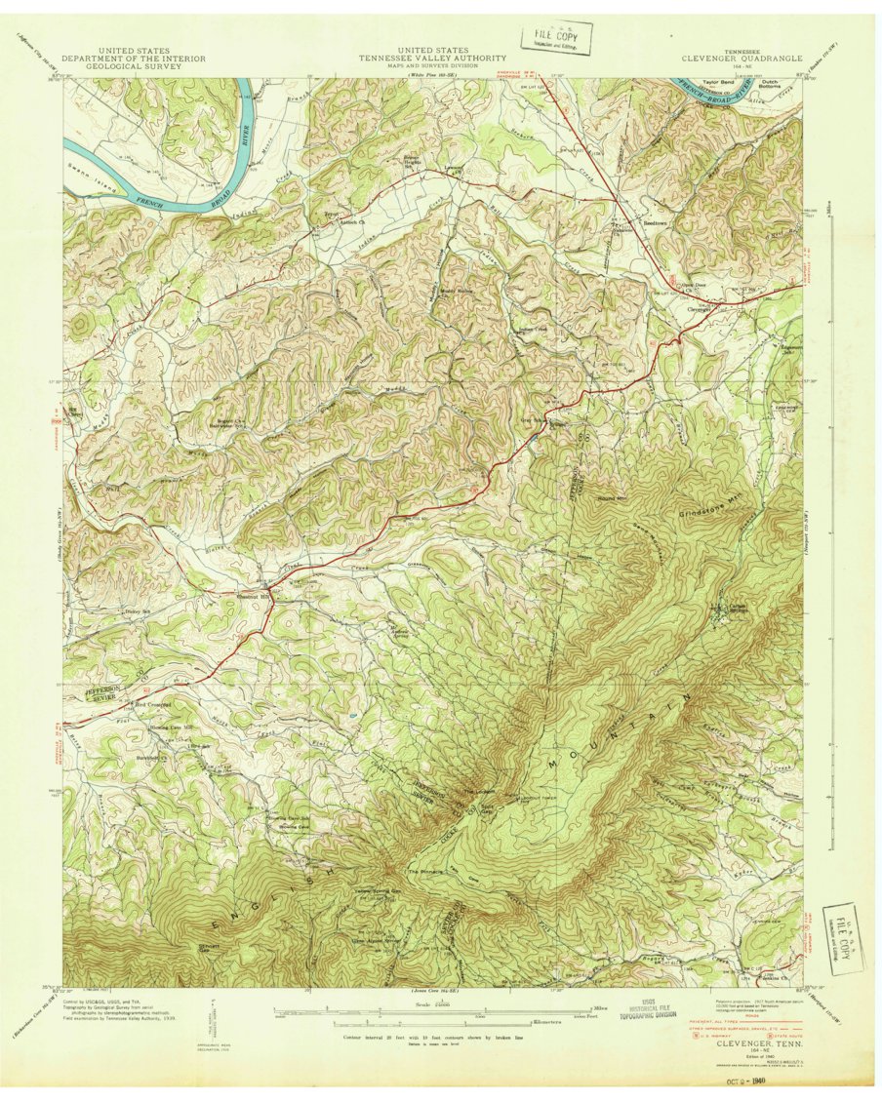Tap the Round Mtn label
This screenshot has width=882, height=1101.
[x=613, y=497]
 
